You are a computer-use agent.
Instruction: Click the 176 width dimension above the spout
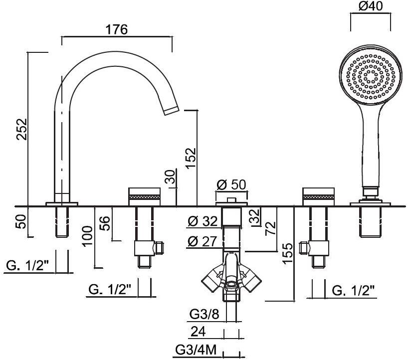click(117, 29)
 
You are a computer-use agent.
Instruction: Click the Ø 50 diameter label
click(231, 185)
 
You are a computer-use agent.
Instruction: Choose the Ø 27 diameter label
click(203, 242)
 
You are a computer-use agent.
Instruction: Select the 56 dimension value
click(106, 223)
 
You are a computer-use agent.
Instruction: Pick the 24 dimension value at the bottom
click(199, 331)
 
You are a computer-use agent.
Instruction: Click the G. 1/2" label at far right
click(352, 290)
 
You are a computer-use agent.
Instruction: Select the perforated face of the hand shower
click(370, 78)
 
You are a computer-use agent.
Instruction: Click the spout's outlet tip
click(171, 110)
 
